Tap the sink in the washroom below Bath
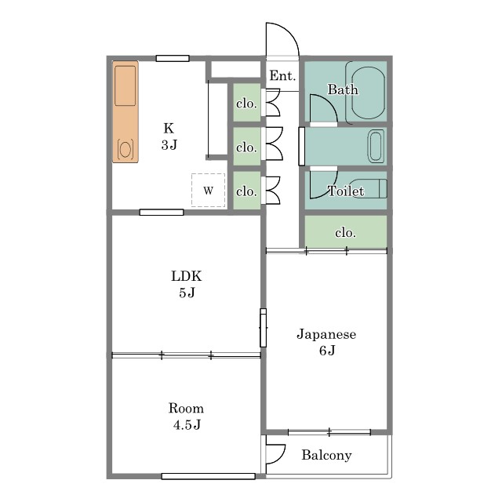[376, 146]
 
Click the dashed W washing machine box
[208, 190]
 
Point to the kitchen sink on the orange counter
[125, 85]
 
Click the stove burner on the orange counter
[125, 149]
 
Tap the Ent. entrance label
[282, 76]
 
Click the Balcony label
[326, 455]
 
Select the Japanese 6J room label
[326, 342]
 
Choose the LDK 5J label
[187, 284]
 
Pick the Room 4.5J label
[187, 417]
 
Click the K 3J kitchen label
[169, 136]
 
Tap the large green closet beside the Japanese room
[345, 231]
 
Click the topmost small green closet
[246, 103]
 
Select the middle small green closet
[246, 147]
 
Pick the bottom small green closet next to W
[246, 191]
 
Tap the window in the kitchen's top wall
[173, 58]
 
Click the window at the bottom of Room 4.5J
[209, 476]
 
